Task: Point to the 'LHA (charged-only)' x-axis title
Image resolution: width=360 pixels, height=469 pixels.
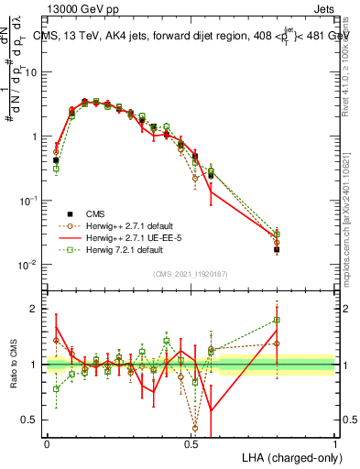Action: click(287, 456)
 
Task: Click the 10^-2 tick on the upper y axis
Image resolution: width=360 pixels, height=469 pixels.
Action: click(32, 265)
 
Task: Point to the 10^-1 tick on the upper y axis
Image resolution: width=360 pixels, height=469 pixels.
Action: click(32, 201)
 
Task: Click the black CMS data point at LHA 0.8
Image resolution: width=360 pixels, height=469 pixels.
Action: click(277, 249)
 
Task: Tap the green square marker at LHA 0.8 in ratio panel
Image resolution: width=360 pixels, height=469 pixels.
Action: click(277, 321)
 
